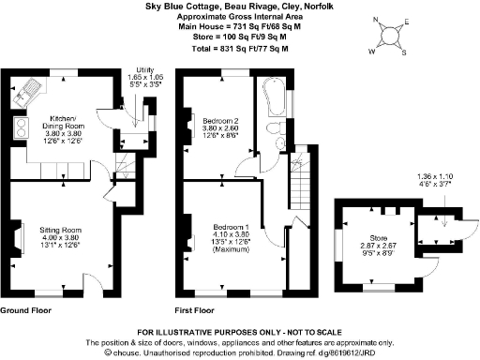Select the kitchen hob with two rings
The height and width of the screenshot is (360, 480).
coord(18,132)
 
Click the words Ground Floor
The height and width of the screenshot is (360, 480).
coord(24,309)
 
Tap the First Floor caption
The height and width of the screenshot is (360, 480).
coord(195,309)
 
